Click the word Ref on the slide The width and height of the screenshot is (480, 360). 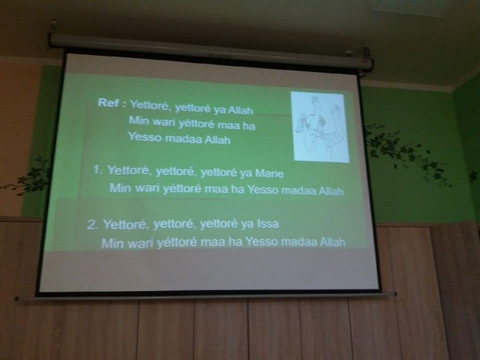pyautogui.click(x=108, y=103)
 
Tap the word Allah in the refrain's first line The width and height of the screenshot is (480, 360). pyautogui.click(x=241, y=110)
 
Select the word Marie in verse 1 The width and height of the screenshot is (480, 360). pyautogui.click(x=269, y=173)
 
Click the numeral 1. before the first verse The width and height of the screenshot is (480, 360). pyautogui.click(x=98, y=170)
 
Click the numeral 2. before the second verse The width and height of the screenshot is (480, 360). pyautogui.click(x=92, y=224)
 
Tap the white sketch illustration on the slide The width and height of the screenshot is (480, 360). pyautogui.click(x=320, y=127)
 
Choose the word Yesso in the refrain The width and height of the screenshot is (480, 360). pyautogui.click(x=145, y=137)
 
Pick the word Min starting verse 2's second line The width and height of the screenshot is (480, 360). pyautogui.click(x=112, y=244)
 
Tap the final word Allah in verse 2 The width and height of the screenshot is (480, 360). pyautogui.click(x=333, y=242)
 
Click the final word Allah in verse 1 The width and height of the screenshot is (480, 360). pyautogui.click(x=331, y=191)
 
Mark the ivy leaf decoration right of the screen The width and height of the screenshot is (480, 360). pyautogui.click(x=407, y=153)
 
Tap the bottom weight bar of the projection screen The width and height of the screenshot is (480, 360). pyautogui.click(x=206, y=296)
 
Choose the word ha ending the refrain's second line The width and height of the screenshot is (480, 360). pyautogui.click(x=249, y=125)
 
